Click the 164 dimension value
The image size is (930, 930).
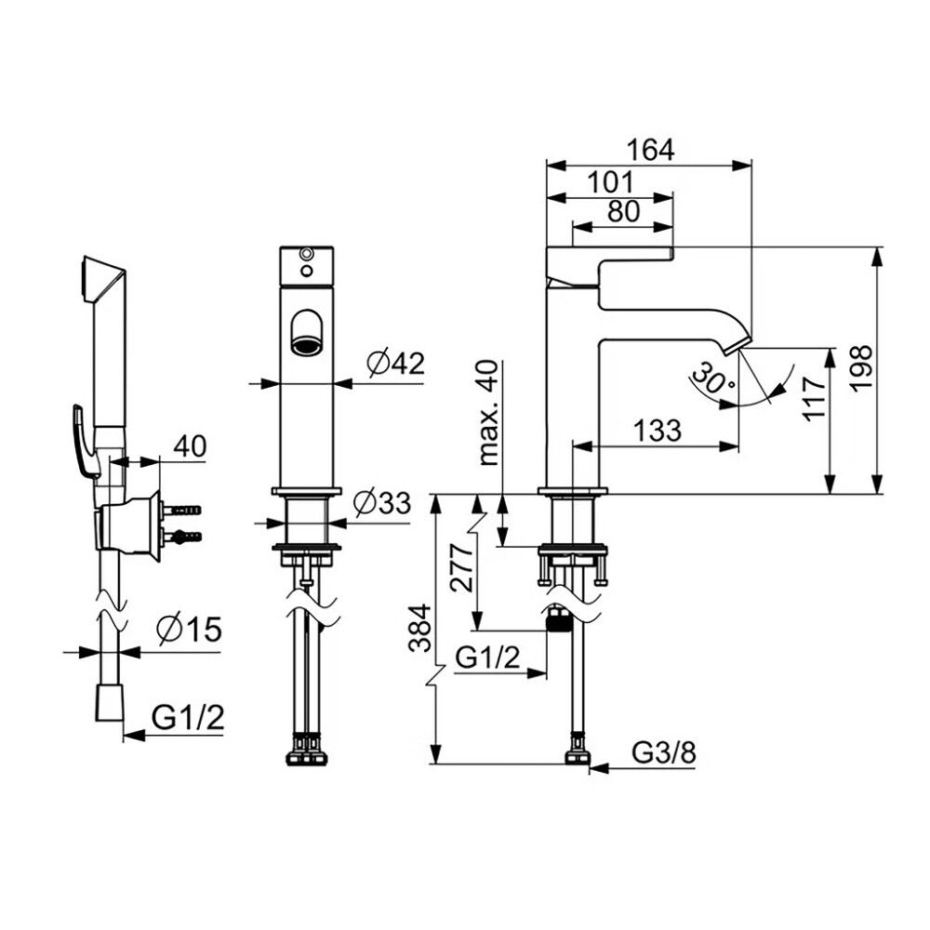(x=651, y=150)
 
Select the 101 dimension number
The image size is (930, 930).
(x=611, y=182)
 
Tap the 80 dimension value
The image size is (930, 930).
(x=624, y=211)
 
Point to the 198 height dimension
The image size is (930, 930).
(x=859, y=367)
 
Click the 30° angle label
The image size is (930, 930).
(x=712, y=378)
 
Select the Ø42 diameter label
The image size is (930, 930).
(x=395, y=363)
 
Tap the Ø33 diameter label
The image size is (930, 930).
(x=382, y=503)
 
